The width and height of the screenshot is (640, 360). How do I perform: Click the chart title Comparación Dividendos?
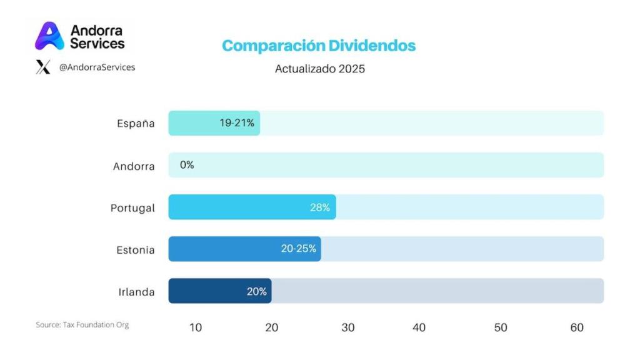[319, 46]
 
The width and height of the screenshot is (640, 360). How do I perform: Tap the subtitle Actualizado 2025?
[319, 69]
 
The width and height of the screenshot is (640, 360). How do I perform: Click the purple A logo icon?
[49, 36]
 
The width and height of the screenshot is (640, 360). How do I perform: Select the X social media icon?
[43, 67]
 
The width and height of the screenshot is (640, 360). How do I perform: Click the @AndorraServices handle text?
[97, 67]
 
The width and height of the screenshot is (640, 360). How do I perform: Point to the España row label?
[136, 123]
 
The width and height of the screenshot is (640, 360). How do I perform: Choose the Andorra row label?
[134, 166]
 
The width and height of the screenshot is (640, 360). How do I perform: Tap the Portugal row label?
[132, 207]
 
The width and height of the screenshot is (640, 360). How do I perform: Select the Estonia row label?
[135, 249]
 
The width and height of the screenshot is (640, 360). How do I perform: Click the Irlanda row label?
[136, 292]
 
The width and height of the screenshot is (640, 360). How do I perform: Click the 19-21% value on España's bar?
[237, 123]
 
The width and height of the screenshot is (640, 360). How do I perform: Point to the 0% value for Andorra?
[187, 165]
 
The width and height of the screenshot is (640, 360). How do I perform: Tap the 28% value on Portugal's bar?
[319, 207]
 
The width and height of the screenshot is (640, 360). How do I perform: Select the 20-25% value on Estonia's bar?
[298, 249]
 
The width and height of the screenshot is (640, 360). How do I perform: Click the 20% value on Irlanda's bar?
[256, 291]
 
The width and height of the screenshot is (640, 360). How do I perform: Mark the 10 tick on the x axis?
[196, 327]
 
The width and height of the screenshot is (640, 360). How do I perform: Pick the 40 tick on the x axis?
[419, 327]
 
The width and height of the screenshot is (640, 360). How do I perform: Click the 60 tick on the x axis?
[577, 327]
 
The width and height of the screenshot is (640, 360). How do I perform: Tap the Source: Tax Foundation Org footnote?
[82, 325]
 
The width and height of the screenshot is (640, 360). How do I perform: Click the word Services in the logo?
[97, 43]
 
